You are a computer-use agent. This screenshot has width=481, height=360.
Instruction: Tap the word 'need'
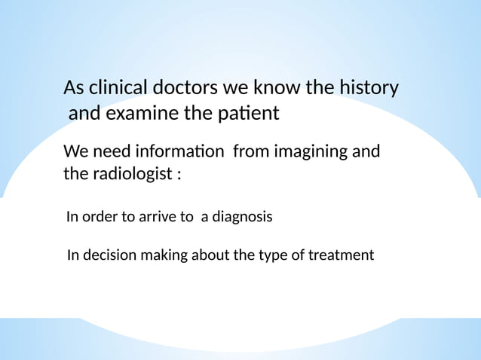111,152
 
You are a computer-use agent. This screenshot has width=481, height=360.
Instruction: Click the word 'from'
251,152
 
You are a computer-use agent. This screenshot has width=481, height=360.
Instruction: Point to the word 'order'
99,217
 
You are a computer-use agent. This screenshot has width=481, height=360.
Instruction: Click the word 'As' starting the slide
74,88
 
